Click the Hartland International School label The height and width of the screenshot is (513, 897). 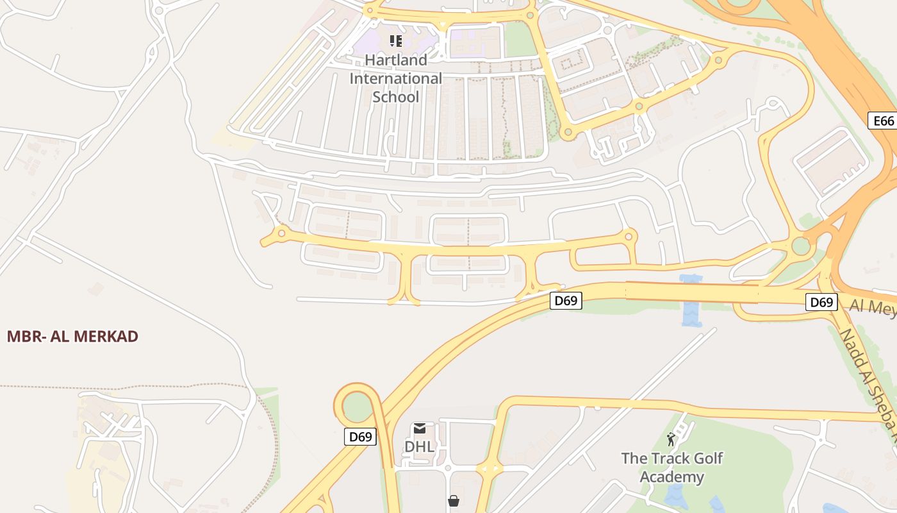pos(395,78)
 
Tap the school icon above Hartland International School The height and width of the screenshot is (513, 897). pos(395,41)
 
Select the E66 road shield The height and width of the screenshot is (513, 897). pos(883,121)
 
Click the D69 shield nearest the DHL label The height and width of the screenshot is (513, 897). pos(360,437)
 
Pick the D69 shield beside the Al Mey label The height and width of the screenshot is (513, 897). pos(821,302)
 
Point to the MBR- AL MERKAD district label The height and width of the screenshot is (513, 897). pos(72,336)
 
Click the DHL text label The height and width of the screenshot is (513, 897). pos(419,446)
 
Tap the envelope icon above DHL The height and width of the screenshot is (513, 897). pos(420,428)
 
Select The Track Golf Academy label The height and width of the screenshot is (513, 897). pos(671,467)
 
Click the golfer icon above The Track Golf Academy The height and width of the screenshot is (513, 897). pos(671,439)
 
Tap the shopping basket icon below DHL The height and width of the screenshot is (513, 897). pos(454,500)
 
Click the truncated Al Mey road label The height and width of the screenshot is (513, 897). pos(873,308)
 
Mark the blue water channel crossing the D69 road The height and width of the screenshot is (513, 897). pos(692,301)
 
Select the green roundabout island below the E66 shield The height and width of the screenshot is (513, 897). pos(801,246)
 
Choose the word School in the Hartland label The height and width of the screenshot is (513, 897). pos(395,97)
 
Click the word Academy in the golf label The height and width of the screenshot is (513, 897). pos(671,477)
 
